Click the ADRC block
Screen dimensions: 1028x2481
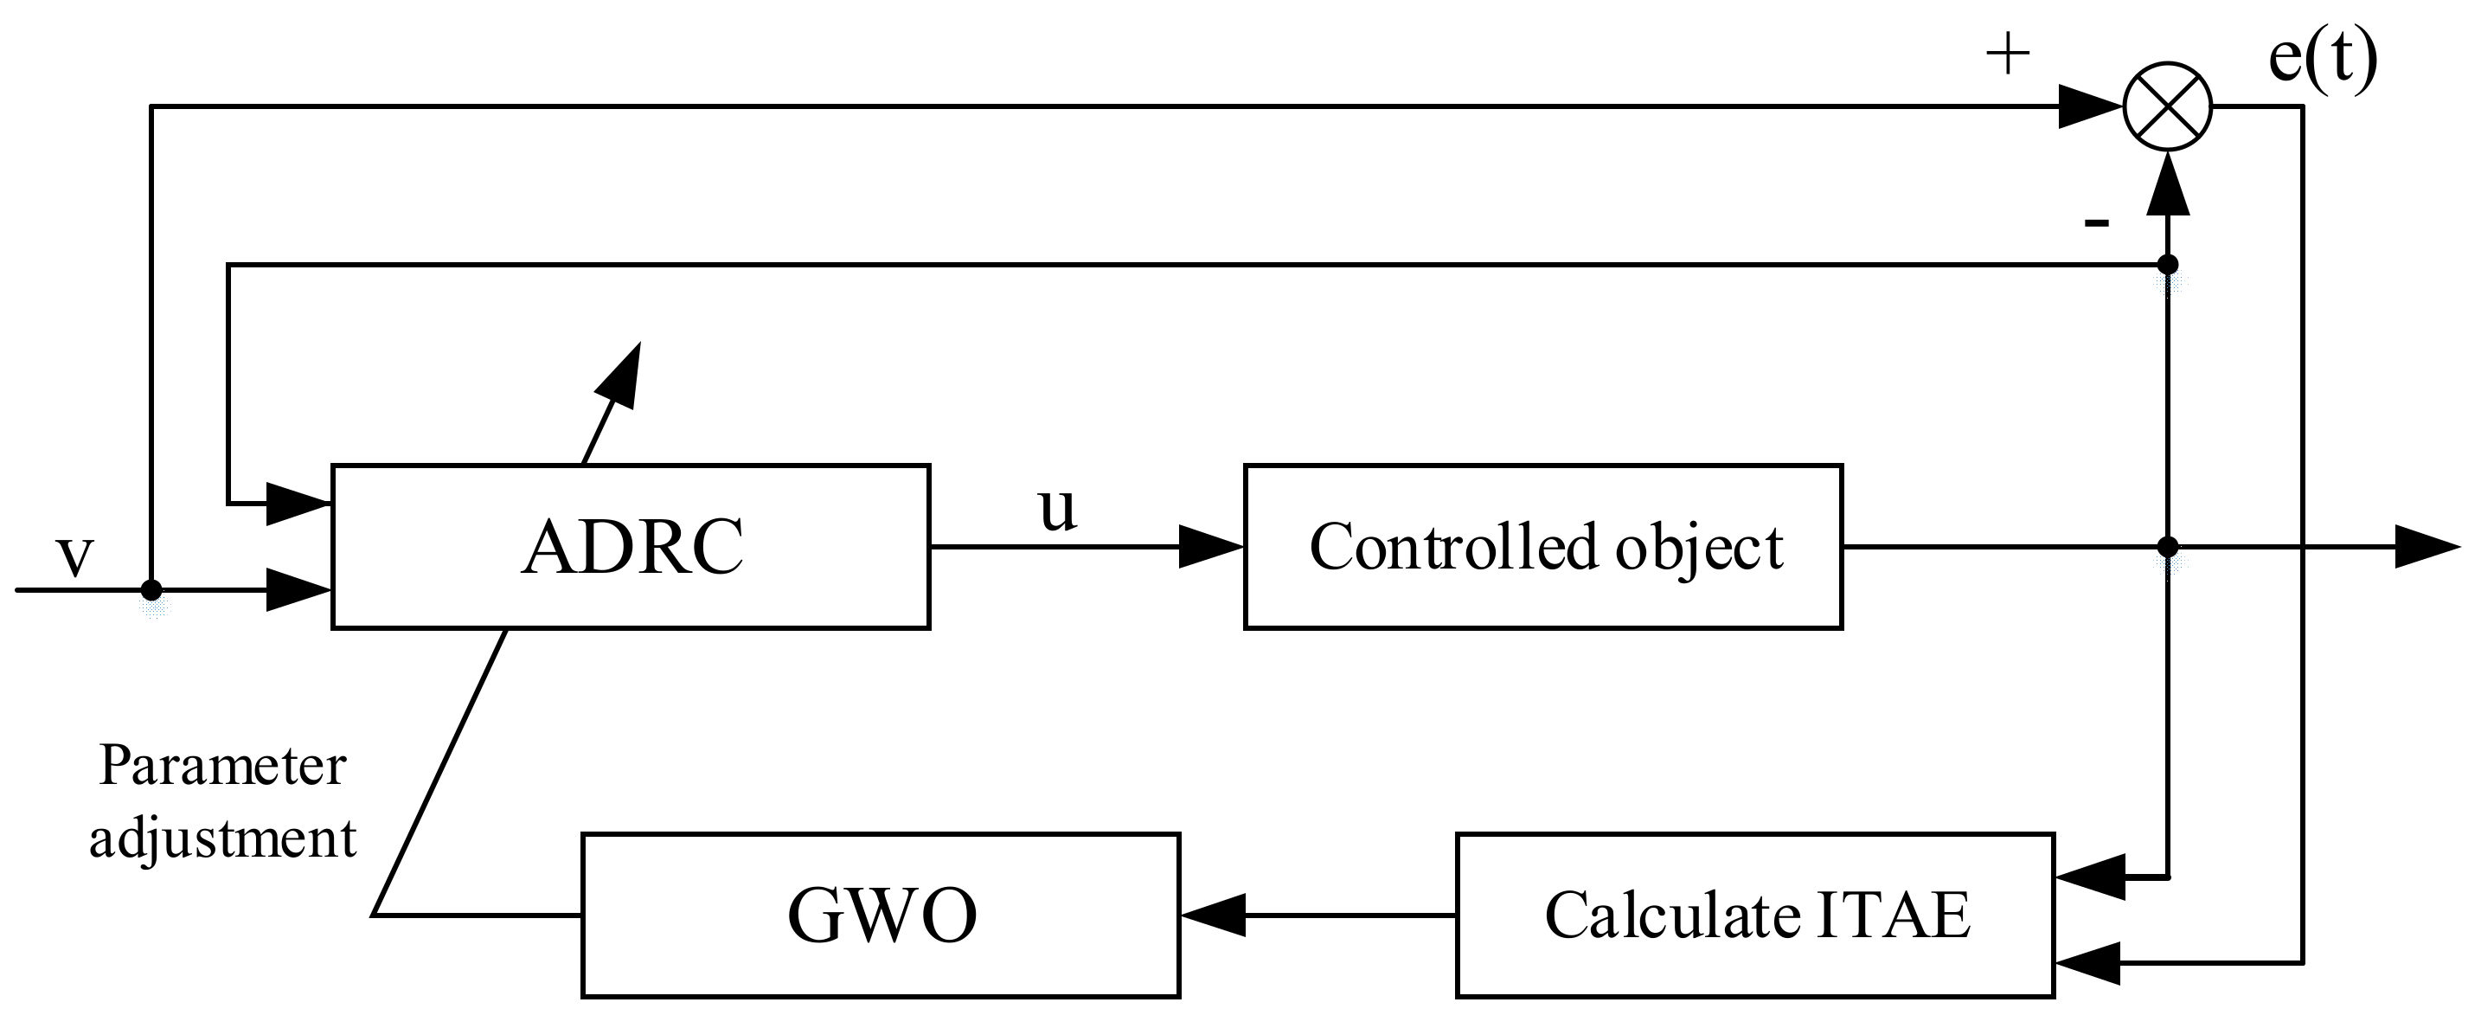631,547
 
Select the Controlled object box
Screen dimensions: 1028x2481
1543,547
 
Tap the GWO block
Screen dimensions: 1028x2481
881,915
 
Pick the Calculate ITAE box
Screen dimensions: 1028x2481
1755,915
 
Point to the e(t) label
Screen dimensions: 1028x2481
2323,58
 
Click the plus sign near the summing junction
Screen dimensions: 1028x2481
2008,55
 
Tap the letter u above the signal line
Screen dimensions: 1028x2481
1057,508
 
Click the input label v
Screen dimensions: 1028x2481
75,556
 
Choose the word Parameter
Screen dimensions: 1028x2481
221,766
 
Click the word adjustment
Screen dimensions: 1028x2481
222,838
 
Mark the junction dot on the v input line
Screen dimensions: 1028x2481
151,589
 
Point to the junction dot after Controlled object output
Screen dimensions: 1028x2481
2167,547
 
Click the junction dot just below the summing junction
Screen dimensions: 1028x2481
2167,264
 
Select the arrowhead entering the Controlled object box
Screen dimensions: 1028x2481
1212,547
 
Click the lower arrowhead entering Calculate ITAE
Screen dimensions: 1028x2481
2088,962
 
